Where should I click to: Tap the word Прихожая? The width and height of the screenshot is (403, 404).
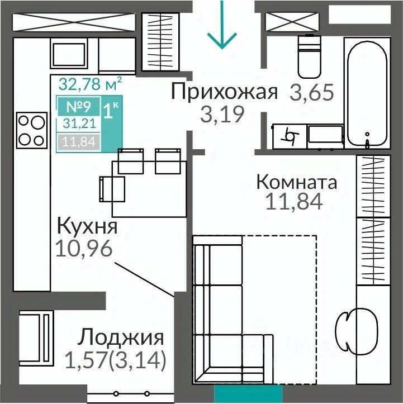225,92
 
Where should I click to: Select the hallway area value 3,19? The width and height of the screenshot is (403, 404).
222,115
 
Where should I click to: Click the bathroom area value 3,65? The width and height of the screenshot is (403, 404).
312,92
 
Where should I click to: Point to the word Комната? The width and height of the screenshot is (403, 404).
297,182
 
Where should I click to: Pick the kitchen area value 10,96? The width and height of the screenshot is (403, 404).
84,248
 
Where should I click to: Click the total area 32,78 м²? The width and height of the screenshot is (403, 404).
90,84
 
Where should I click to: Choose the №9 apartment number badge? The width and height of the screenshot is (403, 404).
79,106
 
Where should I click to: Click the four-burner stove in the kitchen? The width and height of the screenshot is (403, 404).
32,130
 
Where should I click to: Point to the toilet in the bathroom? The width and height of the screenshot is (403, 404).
309,56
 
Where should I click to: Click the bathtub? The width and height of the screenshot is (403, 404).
367,93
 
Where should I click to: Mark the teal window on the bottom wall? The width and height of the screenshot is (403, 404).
248,393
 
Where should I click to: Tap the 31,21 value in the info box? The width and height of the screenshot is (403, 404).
79,123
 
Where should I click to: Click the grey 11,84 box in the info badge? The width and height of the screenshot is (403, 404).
79,142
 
